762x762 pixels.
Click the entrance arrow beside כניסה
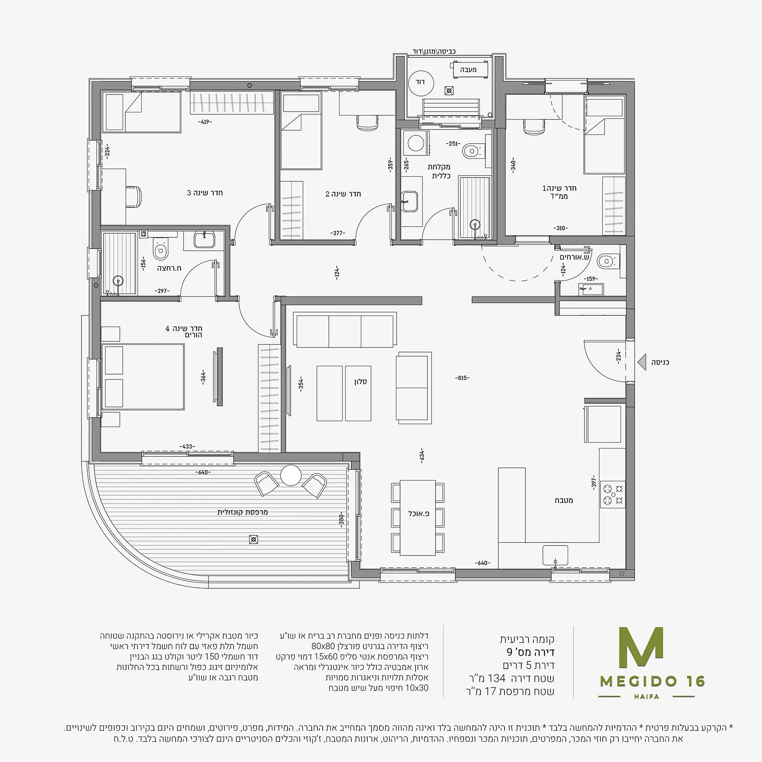pos(642,362)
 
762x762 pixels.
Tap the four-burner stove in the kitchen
pos(613,494)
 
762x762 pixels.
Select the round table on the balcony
pos(291,475)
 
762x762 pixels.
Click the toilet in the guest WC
pos(607,261)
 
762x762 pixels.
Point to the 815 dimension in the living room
pos(462,378)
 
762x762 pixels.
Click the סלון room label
pos(360,381)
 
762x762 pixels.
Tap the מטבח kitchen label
pos(564,500)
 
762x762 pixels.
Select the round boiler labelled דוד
pos(421,82)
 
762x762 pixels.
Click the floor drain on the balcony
pos(254,539)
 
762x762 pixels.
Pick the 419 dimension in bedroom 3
pos(205,122)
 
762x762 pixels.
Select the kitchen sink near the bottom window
pos(555,555)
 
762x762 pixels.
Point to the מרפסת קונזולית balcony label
pos(243,512)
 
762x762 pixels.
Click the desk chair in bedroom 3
pos(134,195)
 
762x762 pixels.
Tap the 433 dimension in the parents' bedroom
pos(187,447)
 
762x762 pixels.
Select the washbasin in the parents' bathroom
pos(204,239)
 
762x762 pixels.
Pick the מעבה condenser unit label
pos(468,70)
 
